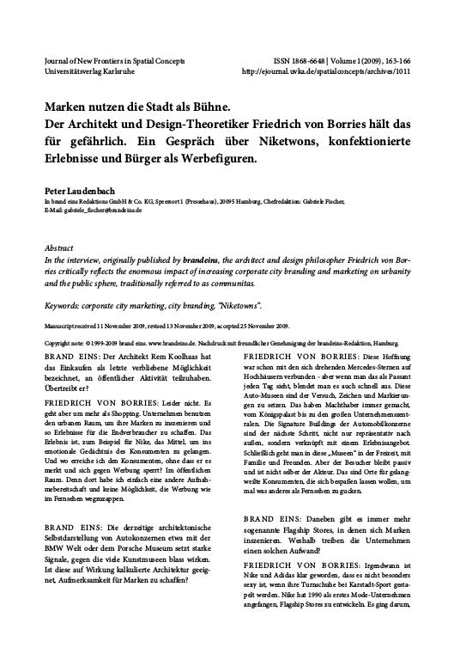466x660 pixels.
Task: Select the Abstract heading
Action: [58, 246]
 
